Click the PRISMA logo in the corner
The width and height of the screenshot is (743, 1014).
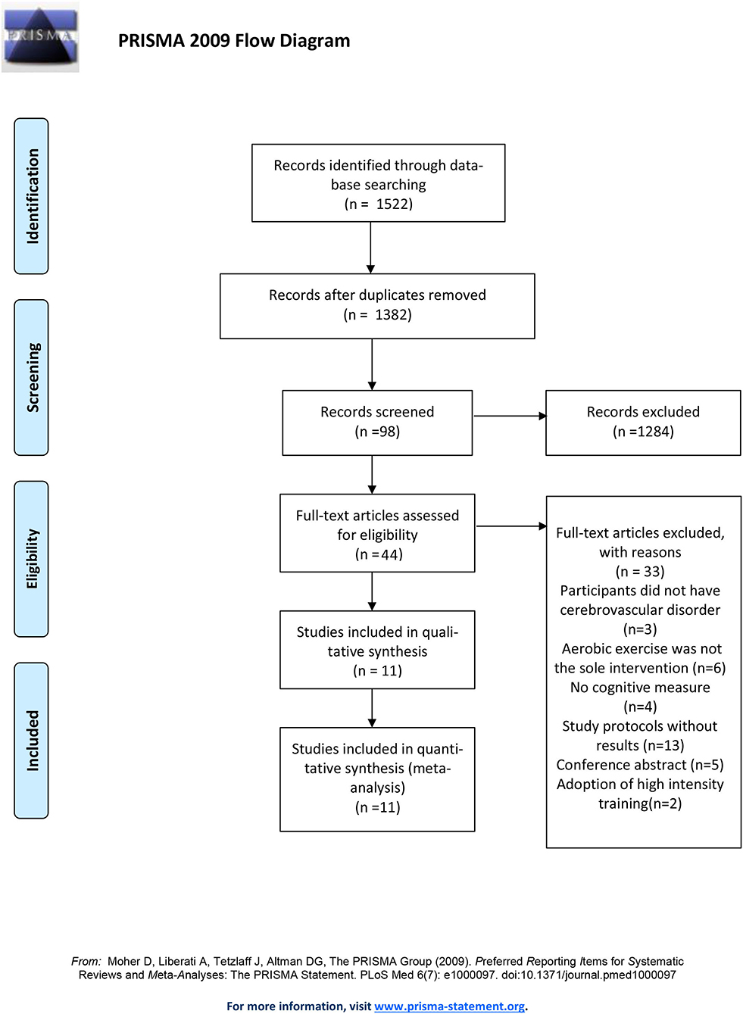(40, 37)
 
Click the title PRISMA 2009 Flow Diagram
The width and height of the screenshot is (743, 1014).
(234, 41)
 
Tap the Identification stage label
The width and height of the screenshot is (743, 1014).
(31, 196)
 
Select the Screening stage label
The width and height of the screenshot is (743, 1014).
(31, 377)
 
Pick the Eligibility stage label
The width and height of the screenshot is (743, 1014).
(31, 559)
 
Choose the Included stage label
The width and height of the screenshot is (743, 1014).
(31, 740)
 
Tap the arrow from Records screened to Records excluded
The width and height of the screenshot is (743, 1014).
(510, 416)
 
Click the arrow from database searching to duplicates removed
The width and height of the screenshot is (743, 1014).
(370, 248)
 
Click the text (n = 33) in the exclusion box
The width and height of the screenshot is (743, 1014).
(640, 571)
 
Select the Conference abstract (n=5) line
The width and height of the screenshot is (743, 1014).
(640, 765)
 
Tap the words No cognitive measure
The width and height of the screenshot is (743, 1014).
(640, 687)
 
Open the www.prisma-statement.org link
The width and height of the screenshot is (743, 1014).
(449, 1006)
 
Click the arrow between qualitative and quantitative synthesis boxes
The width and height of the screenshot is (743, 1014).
(372, 708)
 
